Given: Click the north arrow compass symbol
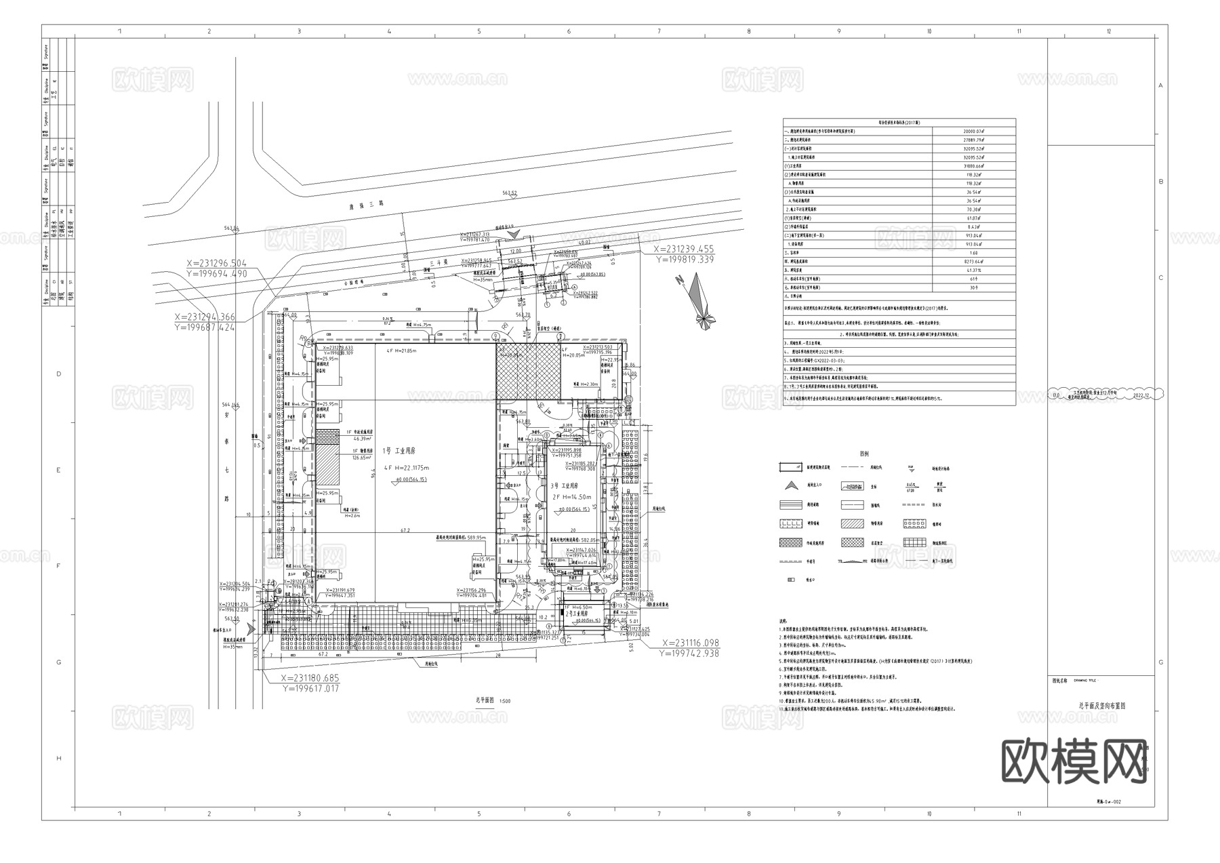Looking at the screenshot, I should (700, 300).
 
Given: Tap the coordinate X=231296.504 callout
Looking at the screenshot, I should (217, 263).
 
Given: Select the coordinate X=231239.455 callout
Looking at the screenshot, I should (683, 249).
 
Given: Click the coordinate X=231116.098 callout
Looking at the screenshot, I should (690, 643).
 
